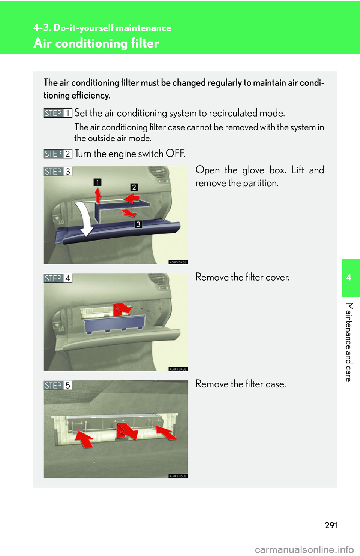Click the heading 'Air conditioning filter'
(96, 43)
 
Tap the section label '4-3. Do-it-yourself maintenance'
(102, 28)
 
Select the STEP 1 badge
(58, 113)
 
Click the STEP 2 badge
(58, 154)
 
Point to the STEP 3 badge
(58, 172)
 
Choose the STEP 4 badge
(58, 278)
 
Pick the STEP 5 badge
(58, 386)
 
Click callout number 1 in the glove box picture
(97, 182)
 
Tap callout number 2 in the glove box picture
(134, 187)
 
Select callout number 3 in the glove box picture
(138, 224)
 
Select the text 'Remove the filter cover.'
(243, 277)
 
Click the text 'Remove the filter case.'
(241, 384)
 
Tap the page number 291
(331, 525)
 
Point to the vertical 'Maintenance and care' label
(349, 342)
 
